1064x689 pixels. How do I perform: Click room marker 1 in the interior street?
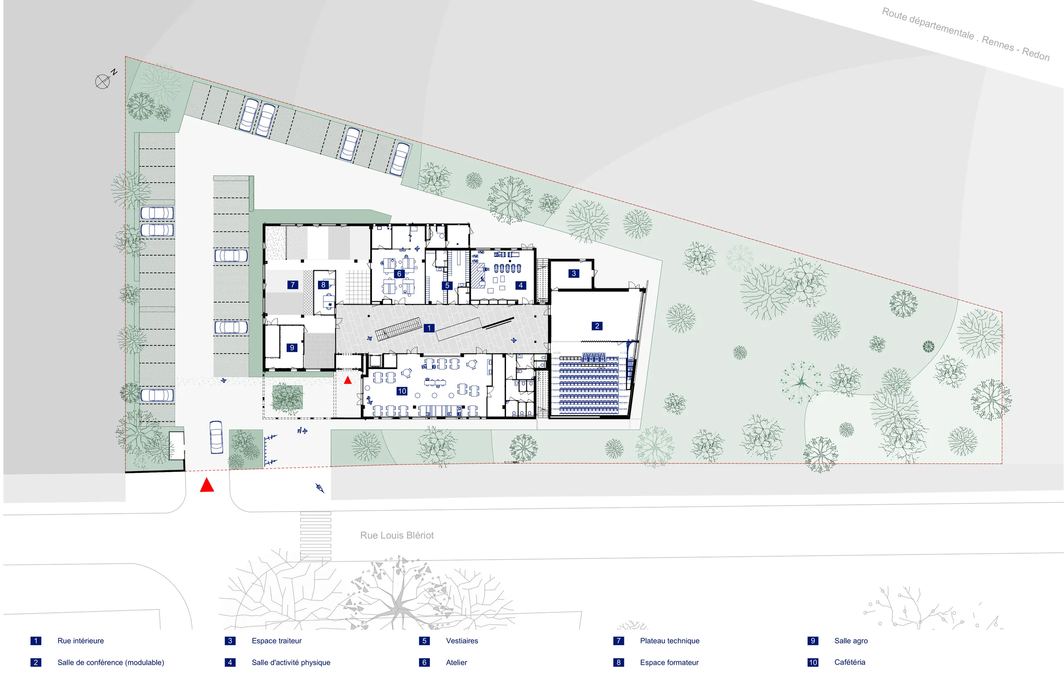[x=429, y=328]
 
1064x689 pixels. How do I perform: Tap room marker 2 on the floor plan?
[x=597, y=326]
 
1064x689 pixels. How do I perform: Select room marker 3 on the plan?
[x=574, y=273]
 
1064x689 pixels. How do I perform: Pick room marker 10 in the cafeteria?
[x=401, y=391]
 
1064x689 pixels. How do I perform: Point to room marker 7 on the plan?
[x=292, y=284]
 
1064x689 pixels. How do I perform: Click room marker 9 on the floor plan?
[x=292, y=347]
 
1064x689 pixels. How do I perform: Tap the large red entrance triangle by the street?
[x=206, y=485]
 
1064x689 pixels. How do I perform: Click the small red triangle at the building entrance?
[x=348, y=380]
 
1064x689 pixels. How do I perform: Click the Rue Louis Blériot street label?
[x=397, y=535]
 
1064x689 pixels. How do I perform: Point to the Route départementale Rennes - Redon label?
[x=966, y=34]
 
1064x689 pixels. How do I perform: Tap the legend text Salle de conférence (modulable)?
[x=110, y=662]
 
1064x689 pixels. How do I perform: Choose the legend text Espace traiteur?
[x=276, y=641]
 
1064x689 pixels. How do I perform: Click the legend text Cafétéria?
[x=849, y=662]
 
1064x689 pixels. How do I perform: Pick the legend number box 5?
[x=424, y=641]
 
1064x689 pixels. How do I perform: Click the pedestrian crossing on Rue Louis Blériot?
[x=316, y=535]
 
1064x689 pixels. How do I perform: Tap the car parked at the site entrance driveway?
[x=216, y=437]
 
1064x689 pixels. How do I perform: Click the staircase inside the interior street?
[x=398, y=329]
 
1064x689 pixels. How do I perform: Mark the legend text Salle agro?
[x=851, y=641]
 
